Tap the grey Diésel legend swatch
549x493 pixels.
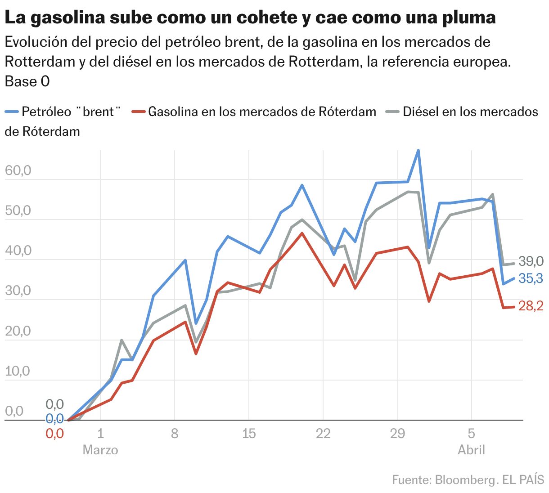[394, 112]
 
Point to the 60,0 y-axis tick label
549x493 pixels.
[18, 170]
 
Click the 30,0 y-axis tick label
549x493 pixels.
[18, 291]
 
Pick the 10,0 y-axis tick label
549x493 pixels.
[18, 371]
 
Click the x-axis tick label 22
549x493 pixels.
[323, 434]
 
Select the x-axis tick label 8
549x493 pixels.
[175, 434]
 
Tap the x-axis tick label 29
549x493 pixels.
[397, 434]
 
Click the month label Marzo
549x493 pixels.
[100, 450]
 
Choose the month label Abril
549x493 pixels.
[471, 450]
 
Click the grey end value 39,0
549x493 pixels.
[531, 261]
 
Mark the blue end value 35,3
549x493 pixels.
[531, 278]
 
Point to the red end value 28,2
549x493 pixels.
[531, 306]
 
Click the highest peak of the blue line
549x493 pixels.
[418, 151]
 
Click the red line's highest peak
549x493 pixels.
[302, 233]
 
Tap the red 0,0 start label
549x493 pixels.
[54, 434]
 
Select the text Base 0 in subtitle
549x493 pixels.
[27, 81]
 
